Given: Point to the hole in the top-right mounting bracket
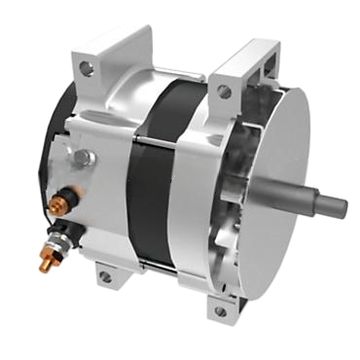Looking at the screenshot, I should (x=225, y=91).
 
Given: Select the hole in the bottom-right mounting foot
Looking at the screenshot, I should (x=220, y=311).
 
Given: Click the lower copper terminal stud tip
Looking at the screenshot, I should (x=45, y=263).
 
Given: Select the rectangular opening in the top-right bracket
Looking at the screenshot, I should (x=255, y=73).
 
